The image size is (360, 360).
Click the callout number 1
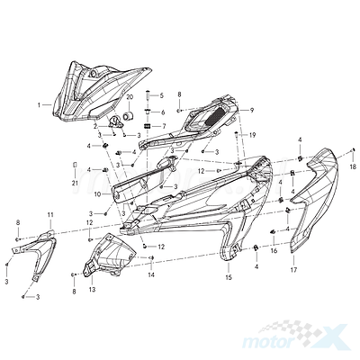point(39,105)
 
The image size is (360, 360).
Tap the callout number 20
point(130,97)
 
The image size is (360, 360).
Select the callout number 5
point(162,95)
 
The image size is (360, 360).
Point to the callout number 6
point(163,112)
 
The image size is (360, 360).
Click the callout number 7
point(164,126)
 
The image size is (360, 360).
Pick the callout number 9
point(252,110)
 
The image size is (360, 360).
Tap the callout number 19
point(252,135)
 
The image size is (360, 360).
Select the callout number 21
point(75,183)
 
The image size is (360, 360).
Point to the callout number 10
point(98,194)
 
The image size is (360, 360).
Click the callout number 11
point(50,214)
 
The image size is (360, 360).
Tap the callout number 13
point(92,289)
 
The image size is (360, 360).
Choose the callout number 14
point(151,274)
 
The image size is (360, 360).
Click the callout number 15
point(229,277)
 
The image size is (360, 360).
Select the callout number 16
point(274,251)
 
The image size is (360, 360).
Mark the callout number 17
point(293,270)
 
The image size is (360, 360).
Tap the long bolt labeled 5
point(148,95)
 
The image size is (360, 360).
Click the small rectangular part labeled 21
point(76,166)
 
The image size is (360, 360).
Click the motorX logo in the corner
point(295,337)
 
